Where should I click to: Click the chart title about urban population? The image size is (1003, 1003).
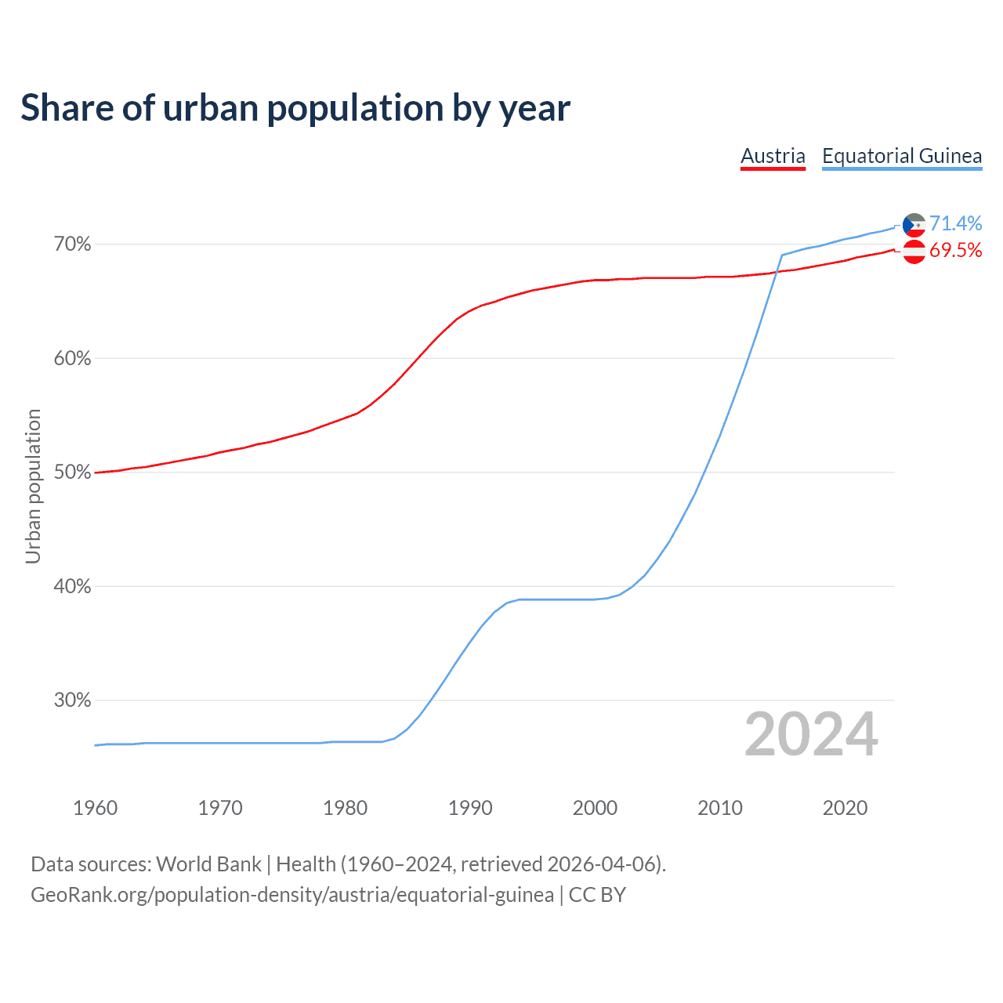(x=295, y=108)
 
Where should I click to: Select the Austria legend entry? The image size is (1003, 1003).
(x=773, y=156)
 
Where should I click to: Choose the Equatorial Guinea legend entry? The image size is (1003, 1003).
(x=901, y=156)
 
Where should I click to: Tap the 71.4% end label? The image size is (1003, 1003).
(x=955, y=223)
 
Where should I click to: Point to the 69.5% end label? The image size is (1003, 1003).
(x=955, y=250)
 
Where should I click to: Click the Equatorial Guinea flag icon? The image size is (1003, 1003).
(x=914, y=225)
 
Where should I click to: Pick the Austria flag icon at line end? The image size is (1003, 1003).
(x=914, y=252)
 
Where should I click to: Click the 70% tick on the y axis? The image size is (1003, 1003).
(x=72, y=244)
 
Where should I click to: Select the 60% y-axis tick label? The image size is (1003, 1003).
(x=72, y=359)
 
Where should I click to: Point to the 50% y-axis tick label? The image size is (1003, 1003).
(x=72, y=473)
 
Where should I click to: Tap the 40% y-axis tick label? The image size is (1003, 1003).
(x=72, y=586)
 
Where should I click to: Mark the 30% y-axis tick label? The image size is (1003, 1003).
(x=72, y=701)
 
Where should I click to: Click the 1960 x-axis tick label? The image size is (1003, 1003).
(x=96, y=808)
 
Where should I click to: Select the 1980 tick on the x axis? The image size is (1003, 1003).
(x=345, y=808)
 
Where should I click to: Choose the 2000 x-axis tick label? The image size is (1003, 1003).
(x=595, y=808)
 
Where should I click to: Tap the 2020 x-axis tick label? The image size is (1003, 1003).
(x=845, y=808)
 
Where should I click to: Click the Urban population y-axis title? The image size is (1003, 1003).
(x=33, y=486)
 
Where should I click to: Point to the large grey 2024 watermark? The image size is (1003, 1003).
(x=811, y=734)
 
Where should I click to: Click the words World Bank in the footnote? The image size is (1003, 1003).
(x=208, y=864)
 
